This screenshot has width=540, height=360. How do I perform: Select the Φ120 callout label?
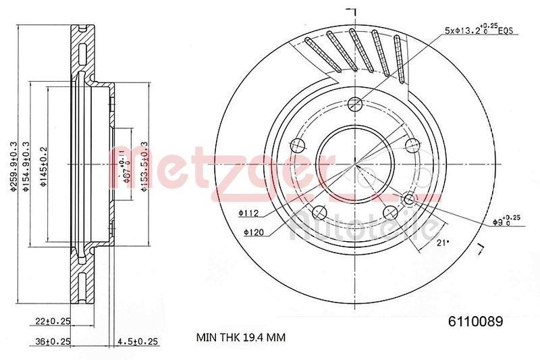coord(254,232)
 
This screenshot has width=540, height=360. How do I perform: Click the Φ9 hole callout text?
coord(506,220)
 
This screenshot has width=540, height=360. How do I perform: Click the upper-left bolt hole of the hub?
coord(296,144)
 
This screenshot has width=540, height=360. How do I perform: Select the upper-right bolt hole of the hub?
coord(409,143)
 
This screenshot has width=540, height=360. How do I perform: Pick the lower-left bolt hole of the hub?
coord(319,211)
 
